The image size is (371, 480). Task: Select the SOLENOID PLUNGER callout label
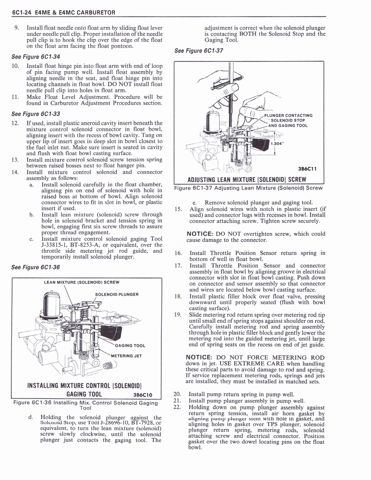pyautogui.click(x=116, y=294)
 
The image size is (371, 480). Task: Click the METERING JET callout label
pyautogui.click(x=128, y=355)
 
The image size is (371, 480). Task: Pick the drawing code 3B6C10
pyautogui.click(x=145, y=394)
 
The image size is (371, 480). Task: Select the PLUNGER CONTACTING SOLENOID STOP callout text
pyautogui.click(x=288, y=120)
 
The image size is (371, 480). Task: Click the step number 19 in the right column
pyautogui.click(x=178, y=315)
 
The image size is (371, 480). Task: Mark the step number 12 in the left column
pyautogui.click(x=15, y=123)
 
